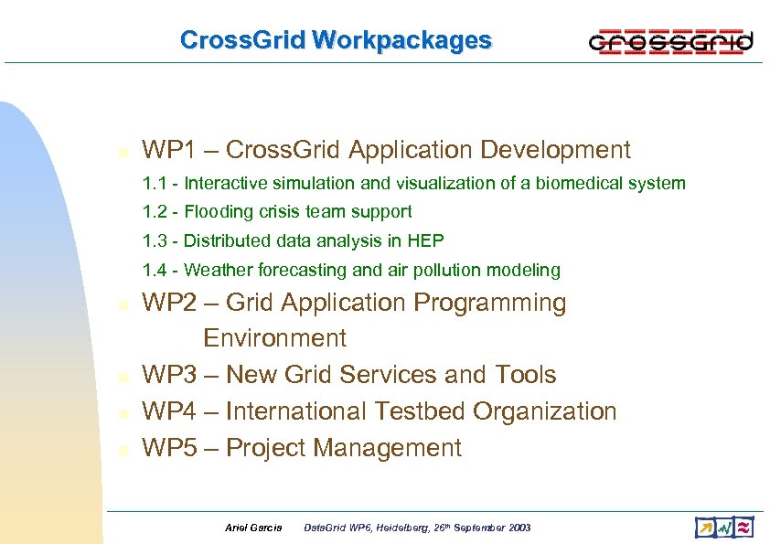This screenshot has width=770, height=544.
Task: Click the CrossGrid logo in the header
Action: [670, 41]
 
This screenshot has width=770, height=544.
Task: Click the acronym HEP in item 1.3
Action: [426, 240]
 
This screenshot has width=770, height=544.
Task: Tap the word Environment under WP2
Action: [274, 338]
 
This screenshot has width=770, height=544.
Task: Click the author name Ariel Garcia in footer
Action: [253, 528]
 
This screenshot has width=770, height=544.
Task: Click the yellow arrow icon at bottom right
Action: [704, 528]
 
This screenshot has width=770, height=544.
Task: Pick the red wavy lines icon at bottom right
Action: [744, 528]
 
